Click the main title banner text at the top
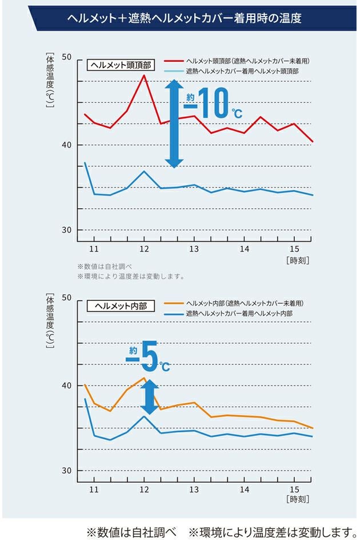[184, 19]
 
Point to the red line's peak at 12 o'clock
[144, 75]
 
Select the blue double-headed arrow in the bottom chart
[150, 396]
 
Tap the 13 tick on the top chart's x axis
[194, 249]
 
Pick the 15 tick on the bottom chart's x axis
[294, 490]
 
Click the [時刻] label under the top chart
[297, 260]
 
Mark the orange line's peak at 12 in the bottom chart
[143, 378]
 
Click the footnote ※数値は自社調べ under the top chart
[105, 266]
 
